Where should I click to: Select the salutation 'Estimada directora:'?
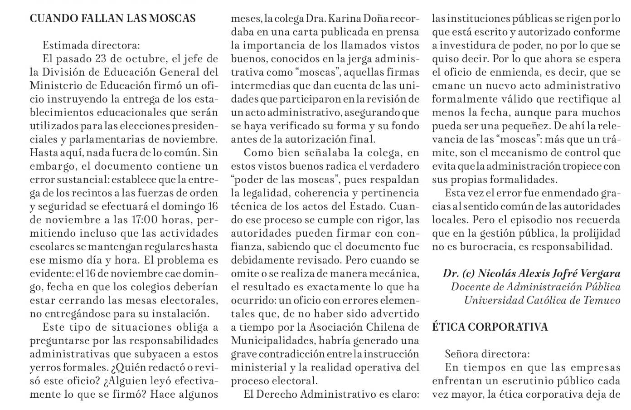(x=92, y=45)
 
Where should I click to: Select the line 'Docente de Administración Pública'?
(x=535, y=287)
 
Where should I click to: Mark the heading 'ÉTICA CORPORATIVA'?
(x=490, y=327)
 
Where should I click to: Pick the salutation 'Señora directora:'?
(x=487, y=354)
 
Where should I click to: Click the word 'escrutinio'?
(x=525, y=381)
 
